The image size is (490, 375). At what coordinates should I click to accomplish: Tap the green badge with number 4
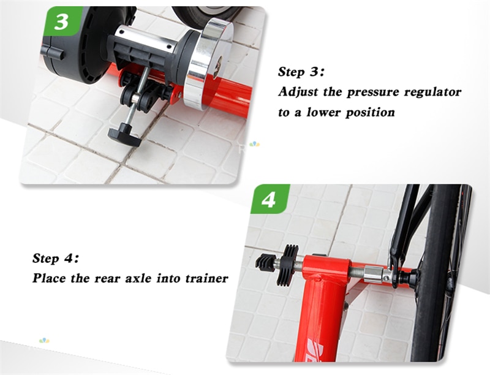[x=269, y=199]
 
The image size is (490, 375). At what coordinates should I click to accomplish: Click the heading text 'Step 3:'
[x=301, y=72]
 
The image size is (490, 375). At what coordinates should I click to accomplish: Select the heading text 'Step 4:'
[x=56, y=259]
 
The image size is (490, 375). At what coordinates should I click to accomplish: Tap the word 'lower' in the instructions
[x=324, y=112]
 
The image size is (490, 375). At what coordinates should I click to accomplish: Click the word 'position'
[x=370, y=113]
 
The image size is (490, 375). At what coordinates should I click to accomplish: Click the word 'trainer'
[x=206, y=278]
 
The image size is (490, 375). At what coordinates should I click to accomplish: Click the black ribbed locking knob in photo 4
[x=287, y=265]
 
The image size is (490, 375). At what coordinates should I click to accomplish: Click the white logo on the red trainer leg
[x=316, y=350]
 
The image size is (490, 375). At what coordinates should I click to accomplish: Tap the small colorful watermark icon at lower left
[x=44, y=340]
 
